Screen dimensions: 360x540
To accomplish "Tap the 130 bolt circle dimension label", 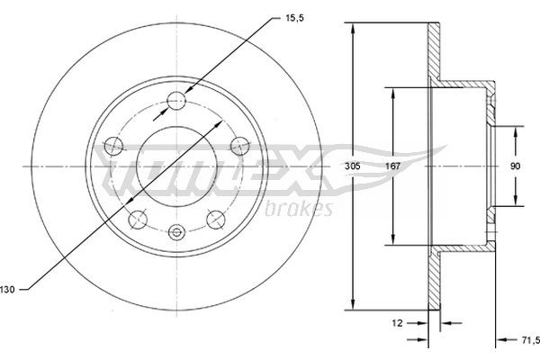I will click(8, 288).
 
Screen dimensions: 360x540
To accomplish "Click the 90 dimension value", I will click(516, 166).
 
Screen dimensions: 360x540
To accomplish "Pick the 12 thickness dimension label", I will click(397, 320).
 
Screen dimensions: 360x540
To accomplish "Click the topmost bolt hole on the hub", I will click(178, 100).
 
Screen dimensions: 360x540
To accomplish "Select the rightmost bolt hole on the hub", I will click(240, 144).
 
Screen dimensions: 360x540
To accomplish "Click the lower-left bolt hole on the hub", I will click(138, 218).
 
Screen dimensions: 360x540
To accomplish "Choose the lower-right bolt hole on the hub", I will click(216, 218).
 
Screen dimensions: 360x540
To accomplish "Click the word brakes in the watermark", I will click(301, 209).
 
